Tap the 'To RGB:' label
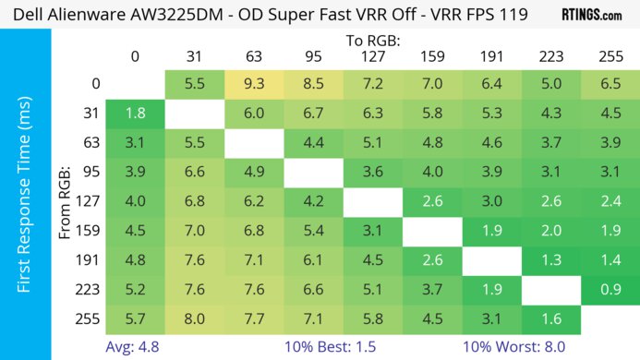(374, 41)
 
